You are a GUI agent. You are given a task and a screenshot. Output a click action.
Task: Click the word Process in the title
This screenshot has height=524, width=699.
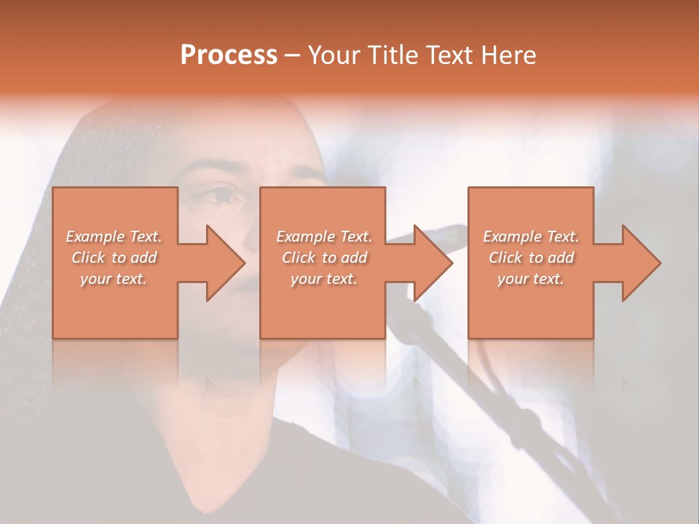[x=229, y=55]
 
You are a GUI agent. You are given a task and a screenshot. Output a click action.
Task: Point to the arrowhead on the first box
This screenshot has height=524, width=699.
[x=222, y=263]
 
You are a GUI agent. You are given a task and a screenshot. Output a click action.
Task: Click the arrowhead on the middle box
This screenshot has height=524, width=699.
[x=430, y=263]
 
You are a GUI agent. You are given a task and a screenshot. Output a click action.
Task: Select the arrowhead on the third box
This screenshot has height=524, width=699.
[x=639, y=263]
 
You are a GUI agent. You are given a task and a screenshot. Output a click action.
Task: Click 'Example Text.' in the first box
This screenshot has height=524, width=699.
[x=114, y=237]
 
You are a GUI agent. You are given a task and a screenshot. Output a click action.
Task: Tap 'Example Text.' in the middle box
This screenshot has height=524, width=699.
[x=324, y=237]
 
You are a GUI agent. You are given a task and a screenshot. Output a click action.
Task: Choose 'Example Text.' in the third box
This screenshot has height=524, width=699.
[x=531, y=237]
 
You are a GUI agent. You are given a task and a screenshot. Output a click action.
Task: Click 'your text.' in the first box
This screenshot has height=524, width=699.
[x=114, y=279]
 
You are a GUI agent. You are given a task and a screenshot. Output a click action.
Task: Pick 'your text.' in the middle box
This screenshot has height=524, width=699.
[x=323, y=279]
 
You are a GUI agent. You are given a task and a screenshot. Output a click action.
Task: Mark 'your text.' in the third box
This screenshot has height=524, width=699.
[x=530, y=279]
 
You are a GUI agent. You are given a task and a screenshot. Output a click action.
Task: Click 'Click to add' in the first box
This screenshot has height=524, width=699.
[x=114, y=258]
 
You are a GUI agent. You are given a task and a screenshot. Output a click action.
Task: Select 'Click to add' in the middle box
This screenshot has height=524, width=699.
[x=324, y=258]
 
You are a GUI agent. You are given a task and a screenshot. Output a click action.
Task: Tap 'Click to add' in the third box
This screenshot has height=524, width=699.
[x=531, y=258]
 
